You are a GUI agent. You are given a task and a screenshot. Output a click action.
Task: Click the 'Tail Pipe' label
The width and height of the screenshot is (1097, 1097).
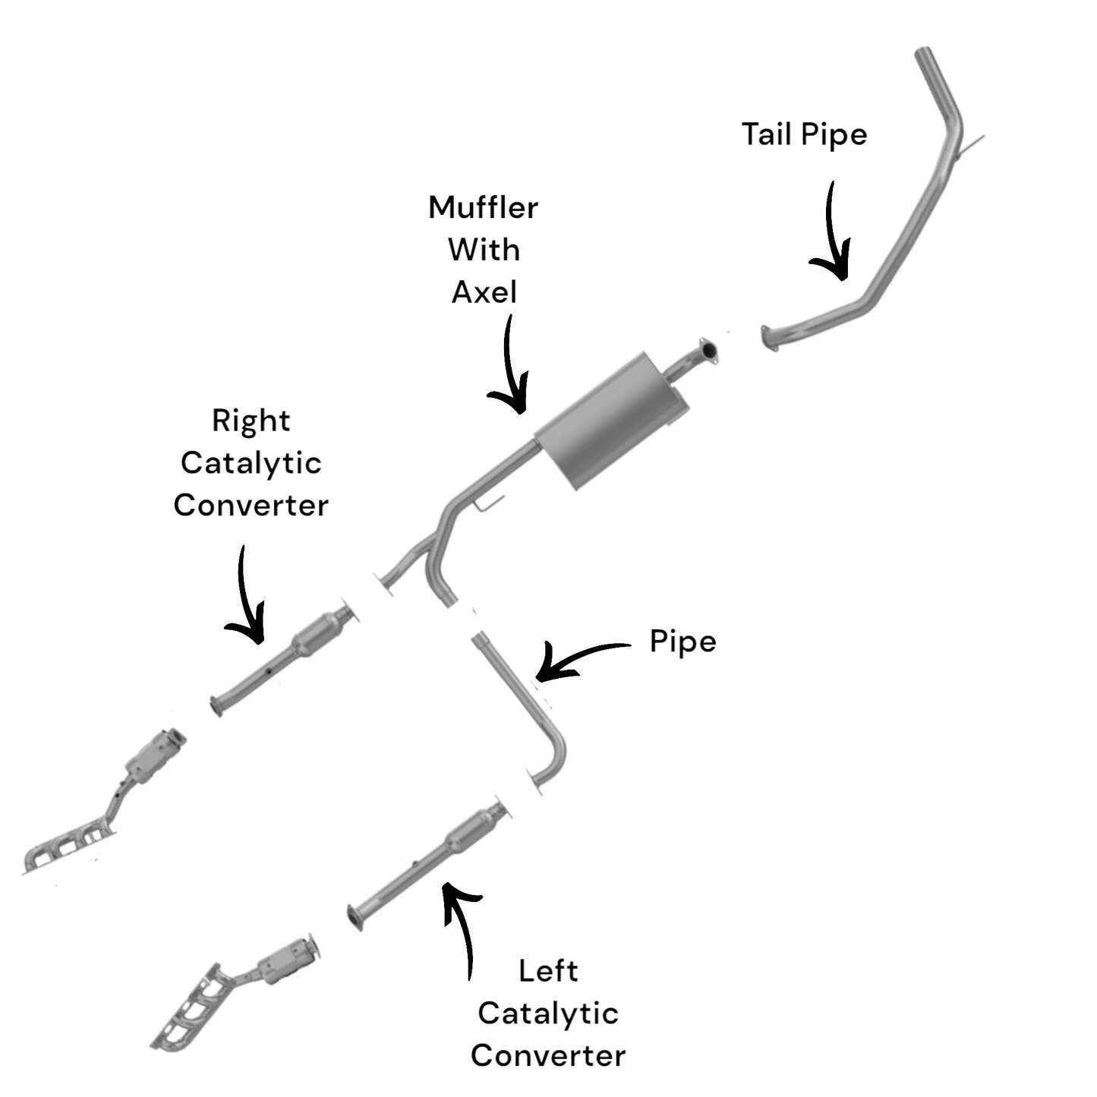pyautogui.click(x=804, y=135)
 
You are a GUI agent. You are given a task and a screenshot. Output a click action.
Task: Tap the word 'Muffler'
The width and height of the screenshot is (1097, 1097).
pyautogui.click(x=483, y=208)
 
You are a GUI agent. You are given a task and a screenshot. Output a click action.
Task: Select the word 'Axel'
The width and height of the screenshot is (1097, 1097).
pyautogui.click(x=484, y=292)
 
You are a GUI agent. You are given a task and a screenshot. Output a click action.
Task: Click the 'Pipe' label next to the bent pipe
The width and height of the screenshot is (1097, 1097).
pyautogui.click(x=682, y=643)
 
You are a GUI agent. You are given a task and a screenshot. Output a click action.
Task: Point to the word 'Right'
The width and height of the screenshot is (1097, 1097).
pyautogui.click(x=251, y=421)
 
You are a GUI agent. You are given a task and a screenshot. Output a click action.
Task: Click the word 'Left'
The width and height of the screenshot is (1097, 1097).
pyautogui.click(x=547, y=971)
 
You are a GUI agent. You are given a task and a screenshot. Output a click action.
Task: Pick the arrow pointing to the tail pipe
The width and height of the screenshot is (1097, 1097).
pyautogui.click(x=833, y=235)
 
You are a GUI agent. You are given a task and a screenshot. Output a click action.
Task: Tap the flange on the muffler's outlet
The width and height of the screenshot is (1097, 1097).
pyautogui.click(x=708, y=351)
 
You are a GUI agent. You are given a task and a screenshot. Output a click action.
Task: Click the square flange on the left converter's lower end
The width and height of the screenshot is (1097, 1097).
pyautogui.click(x=354, y=916)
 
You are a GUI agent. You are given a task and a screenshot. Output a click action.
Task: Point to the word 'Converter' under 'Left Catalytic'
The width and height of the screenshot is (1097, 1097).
pyautogui.click(x=547, y=1056)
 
